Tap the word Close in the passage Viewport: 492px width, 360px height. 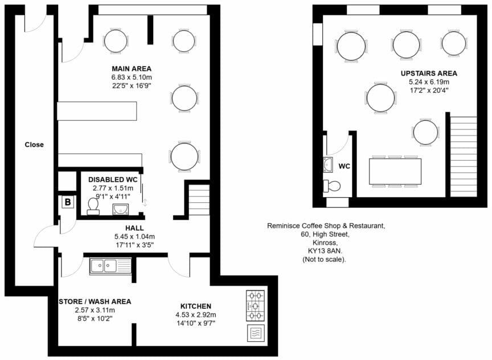tap(34, 145)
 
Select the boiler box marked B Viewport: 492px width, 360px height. tap(67, 202)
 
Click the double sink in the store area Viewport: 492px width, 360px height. tap(110, 265)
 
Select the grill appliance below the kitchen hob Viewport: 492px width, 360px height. tap(255, 333)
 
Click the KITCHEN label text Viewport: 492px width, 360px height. tap(196, 306)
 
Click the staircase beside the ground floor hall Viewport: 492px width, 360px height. tap(199, 199)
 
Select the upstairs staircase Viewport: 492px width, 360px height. tap(464, 156)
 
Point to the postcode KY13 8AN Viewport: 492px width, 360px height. tap(324, 251)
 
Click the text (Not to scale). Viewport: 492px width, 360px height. tap(324, 259)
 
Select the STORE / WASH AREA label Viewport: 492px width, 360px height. tap(95, 301)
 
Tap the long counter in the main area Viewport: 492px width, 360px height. tap(97, 111)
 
